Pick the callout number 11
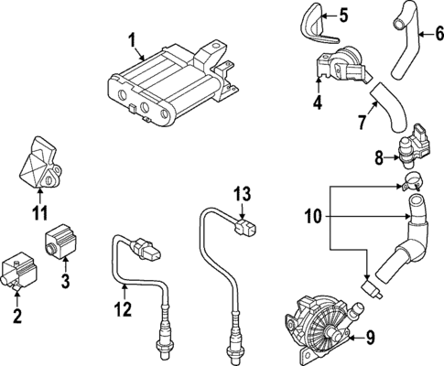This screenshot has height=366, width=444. [x=38, y=214]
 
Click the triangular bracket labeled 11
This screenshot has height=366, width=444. [x=39, y=167]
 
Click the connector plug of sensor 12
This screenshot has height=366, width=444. [x=148, y=245]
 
